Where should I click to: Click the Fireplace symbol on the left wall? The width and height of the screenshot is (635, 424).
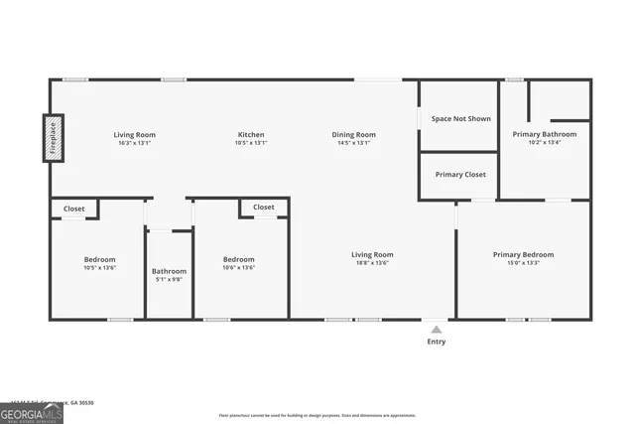pos(53,138)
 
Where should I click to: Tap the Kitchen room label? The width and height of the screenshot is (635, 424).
pos(251,134)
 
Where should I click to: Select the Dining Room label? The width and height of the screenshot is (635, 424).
pos(353,134)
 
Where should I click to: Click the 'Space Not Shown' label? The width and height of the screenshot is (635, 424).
pos(460,118)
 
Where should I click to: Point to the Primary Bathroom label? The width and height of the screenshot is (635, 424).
pos(544,133)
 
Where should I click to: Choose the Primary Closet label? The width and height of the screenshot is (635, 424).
pos(460,174)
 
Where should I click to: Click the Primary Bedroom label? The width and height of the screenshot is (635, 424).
pos(523,254)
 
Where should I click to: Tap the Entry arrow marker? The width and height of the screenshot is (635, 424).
pos(437,329)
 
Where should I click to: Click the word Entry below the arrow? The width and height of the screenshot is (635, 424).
pos(437,342)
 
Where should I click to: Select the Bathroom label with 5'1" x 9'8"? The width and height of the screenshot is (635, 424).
pos(169,271)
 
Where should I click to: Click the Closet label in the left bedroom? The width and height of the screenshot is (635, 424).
pos(74,209)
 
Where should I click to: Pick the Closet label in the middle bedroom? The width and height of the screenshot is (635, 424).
pos(264,207)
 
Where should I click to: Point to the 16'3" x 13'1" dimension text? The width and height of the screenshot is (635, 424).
pos(134,143)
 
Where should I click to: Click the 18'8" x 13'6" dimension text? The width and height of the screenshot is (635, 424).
pos(373,263)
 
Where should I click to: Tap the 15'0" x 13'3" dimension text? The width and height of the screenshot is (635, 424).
pos(523,263)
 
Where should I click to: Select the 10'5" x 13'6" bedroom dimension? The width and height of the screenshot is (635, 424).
pos(99,267)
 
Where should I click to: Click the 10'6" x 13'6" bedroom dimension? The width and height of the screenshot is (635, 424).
pos(238,267)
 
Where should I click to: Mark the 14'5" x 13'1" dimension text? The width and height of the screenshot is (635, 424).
pos(353,143)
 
